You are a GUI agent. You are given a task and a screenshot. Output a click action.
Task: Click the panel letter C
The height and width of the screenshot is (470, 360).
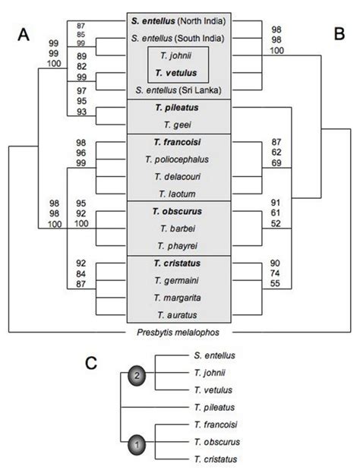(90, 363)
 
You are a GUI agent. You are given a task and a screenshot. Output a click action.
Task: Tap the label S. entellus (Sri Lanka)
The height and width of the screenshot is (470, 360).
(180, 90)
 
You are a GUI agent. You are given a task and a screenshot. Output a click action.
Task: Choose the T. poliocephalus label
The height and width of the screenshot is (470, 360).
(180, 159)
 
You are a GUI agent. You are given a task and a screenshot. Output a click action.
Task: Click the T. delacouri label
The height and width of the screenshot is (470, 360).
(180, 177)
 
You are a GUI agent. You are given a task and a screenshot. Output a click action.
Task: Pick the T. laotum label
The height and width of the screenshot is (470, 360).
(180, 194)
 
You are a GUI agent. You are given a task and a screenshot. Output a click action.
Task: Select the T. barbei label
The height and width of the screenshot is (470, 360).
(180, 228)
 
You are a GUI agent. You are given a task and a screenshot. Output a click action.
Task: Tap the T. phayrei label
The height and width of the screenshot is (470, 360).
(180, 245)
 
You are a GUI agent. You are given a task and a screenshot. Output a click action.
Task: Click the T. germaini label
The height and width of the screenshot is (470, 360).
(180, 279)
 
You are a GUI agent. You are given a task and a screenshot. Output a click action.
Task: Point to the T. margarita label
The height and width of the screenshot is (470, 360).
(180, 297)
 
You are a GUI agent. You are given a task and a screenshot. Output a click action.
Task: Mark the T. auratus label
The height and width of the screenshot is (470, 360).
(180, 314)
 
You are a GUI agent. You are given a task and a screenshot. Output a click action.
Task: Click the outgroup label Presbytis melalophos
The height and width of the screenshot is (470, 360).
(180, 333)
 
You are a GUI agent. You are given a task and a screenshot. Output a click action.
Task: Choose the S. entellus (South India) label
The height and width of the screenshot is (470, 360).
(180, 36)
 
